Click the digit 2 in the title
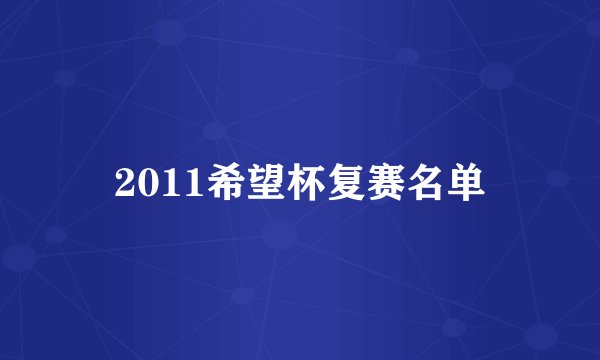[124, 182]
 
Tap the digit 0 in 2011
[144, 182]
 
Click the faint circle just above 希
[214, 130]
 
